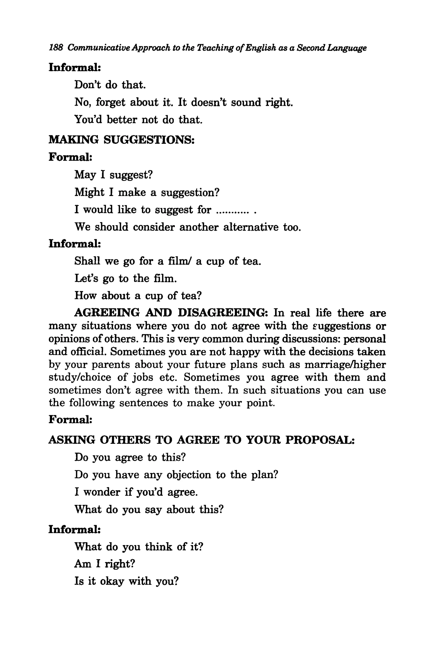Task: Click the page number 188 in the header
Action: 56,48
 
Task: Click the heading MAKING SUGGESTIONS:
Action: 121,139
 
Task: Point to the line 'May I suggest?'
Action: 114,175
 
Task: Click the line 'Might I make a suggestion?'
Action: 147,192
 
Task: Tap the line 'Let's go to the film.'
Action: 126,278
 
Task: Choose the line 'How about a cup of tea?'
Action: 138,296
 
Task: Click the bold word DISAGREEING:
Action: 223,313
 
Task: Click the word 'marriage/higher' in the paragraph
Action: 345,365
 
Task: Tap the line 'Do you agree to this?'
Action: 130,457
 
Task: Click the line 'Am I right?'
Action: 105,564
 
